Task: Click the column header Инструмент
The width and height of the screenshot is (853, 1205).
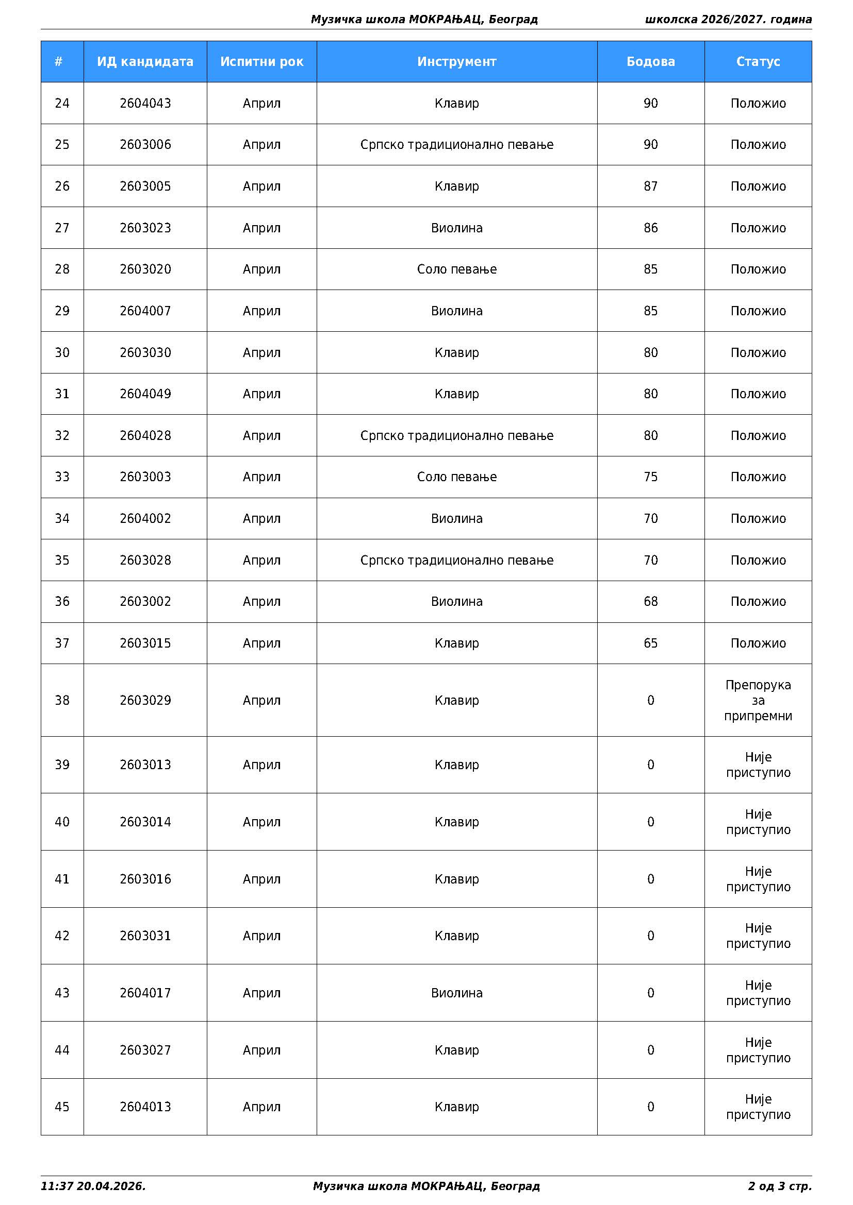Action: click(456, 61)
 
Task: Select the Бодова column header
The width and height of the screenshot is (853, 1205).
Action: click(650, 61)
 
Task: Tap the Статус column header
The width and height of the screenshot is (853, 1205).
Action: click(758, 61)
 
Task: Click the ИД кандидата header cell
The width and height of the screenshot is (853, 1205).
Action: click(145, 61)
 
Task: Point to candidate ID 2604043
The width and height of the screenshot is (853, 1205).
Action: click(145, 103)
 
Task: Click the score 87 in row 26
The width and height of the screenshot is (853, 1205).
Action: click(650, 186)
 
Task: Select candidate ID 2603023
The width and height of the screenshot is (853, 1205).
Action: click(145, 228)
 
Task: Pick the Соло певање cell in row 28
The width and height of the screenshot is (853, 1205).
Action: click(456, 269)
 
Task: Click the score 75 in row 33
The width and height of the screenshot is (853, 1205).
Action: click(650, 477)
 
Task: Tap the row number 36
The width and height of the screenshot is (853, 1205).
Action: click(62, 601)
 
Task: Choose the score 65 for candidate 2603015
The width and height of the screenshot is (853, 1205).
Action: click(650, 643)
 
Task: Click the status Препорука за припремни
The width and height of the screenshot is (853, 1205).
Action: click(758, 700)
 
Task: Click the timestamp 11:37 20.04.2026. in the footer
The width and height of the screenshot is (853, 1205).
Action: click(93, 1186)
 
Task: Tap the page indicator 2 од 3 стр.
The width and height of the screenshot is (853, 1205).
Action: click(779, 1186)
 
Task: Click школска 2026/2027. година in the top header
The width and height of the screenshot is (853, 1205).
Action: click(728, 20)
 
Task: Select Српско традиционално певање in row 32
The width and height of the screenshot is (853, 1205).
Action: click(456, 436)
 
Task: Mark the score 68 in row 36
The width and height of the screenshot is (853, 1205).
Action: click(650, 601)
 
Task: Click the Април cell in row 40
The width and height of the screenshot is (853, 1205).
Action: click(261, 822)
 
